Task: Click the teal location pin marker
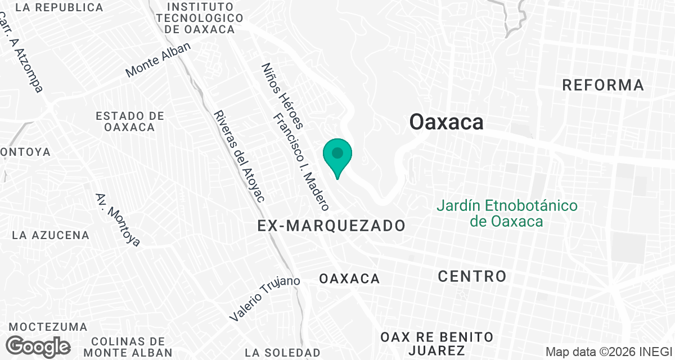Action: point(337,156)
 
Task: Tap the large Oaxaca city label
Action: point(446,121)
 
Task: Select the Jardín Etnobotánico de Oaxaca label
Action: point(507,213)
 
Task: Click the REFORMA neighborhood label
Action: point(603,85)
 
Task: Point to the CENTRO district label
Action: point(472,276)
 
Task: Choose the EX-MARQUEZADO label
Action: point(331,226)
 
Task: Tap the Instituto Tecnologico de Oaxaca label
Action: point(200,18)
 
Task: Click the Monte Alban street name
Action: point(158,60)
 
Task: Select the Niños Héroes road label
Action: point(282,96)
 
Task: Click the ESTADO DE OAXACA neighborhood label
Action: point(129,121)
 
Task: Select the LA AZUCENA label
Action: point(51,235)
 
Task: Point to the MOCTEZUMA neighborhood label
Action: point(48,327)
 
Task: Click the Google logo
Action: point(38,346)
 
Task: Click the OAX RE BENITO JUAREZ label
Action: point(437,344)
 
